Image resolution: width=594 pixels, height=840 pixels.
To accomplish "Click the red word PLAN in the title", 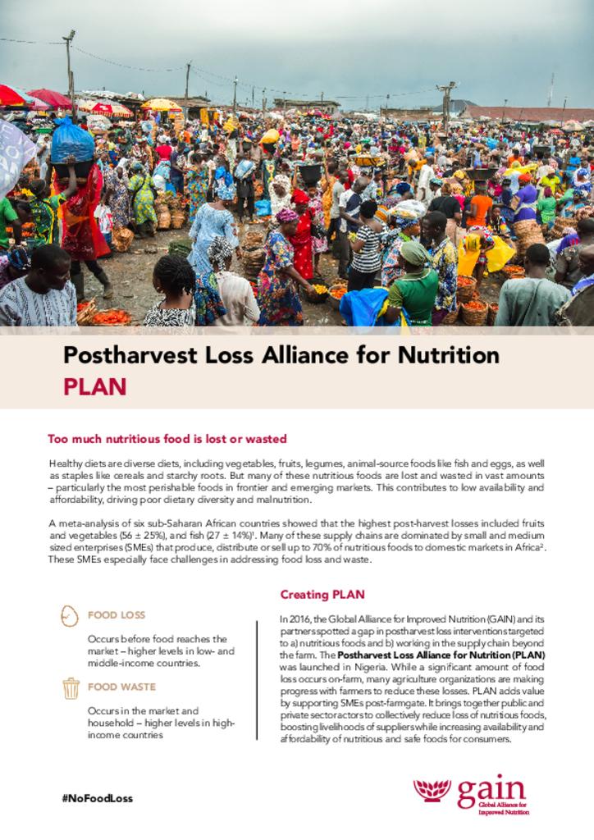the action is [95, 386].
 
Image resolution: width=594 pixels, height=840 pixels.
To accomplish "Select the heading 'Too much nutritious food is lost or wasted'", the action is [167, 439].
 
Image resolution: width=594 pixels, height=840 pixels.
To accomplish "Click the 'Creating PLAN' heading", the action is [322, 594].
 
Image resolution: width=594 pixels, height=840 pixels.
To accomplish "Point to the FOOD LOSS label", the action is [116, 614].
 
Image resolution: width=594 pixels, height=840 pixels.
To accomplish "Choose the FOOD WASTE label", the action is [121, 687].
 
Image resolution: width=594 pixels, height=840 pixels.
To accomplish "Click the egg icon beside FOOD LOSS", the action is [71, 614].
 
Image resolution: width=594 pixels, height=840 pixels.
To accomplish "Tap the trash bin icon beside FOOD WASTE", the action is [71, 687].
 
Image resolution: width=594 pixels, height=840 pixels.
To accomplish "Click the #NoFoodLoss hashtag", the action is [97, 798].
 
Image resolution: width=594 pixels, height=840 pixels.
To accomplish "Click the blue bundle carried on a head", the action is [72, 141].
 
